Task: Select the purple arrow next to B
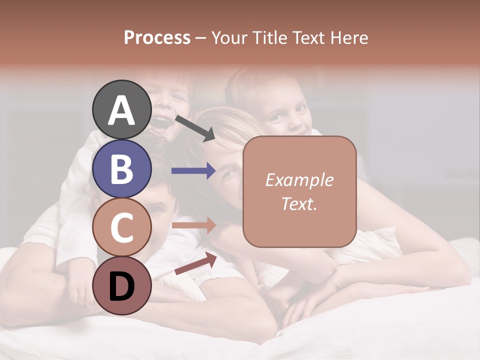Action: [193, 171]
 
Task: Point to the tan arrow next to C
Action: [193, 225]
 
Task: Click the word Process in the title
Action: [157, 38]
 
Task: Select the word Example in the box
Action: [299, 180]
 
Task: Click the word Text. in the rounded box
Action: [299, 203]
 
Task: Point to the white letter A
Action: [122, 110]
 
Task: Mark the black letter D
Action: [122, 286]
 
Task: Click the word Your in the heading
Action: [229, 38]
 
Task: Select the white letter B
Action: [122, 169]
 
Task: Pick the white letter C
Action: [122, 227]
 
